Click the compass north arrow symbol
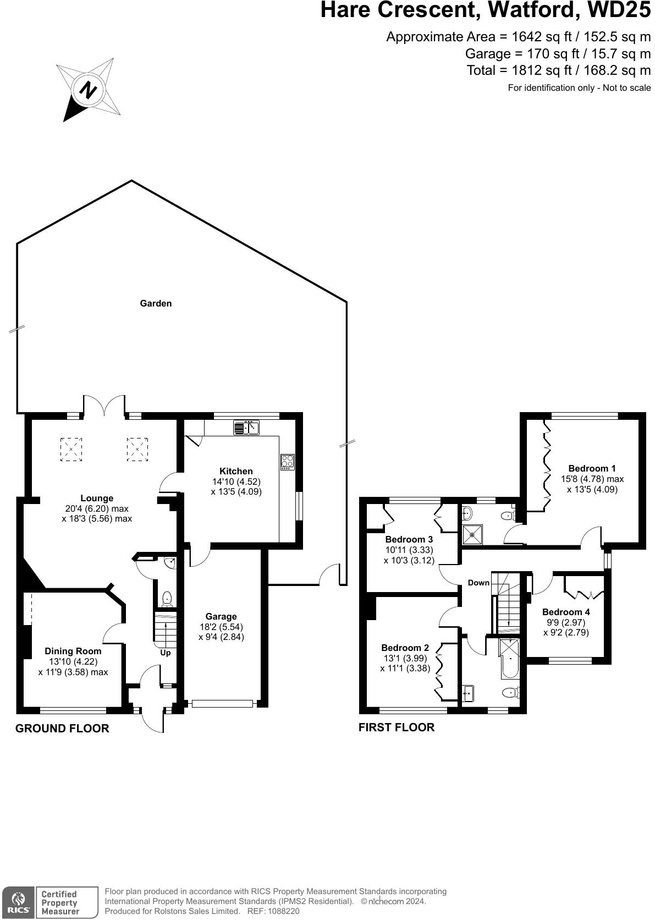click(x=88, y=89)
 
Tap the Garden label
click(x=156, y=303)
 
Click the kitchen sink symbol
click(x=246, y=427)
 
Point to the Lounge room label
click(x=97, y=499)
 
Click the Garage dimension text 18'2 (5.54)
click(x=221, y=627)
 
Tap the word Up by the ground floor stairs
click(x=166, y=653)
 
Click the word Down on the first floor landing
click(x=478, y=583)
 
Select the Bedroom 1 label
click(x=592, y=469)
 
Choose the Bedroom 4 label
click(x=565, y=612)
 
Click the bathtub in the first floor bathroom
click(x=509, y=658)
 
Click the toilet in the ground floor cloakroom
click(x=167, y=598)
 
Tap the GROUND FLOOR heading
click(x=62, y=729)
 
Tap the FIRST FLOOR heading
click(x=396, y=727)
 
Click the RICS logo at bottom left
click(x=18, y=902)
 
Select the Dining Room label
click(x=73, y=651)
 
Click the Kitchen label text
click(x=236, y=471)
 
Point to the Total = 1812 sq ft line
click(x=558, y=70)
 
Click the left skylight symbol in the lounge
click(x=71, y=448)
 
